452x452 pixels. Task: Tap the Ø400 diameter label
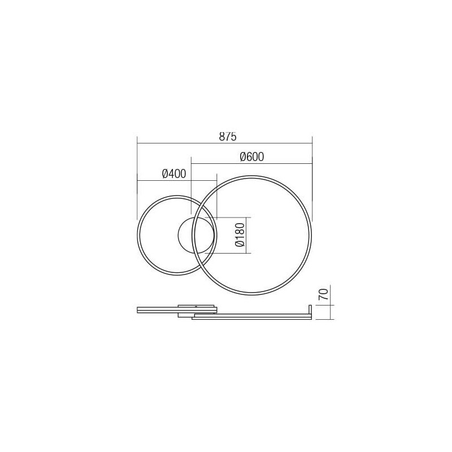pyautogui.click(x=174, y=175)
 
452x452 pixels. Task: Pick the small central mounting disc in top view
pyautogui.click(x=196, y=236)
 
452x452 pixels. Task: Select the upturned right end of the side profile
pyautogui.click(x=310, y=311)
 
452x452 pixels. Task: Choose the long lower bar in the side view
pyautogui.click(x=251, y=317)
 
